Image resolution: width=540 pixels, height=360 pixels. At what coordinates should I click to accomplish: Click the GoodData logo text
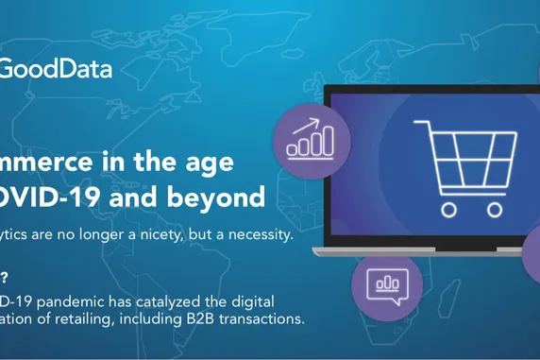coord(56,69)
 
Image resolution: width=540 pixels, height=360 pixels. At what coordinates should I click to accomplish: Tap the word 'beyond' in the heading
coord(221,197)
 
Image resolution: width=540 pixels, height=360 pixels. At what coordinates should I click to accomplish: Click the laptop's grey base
coord(425,249)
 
